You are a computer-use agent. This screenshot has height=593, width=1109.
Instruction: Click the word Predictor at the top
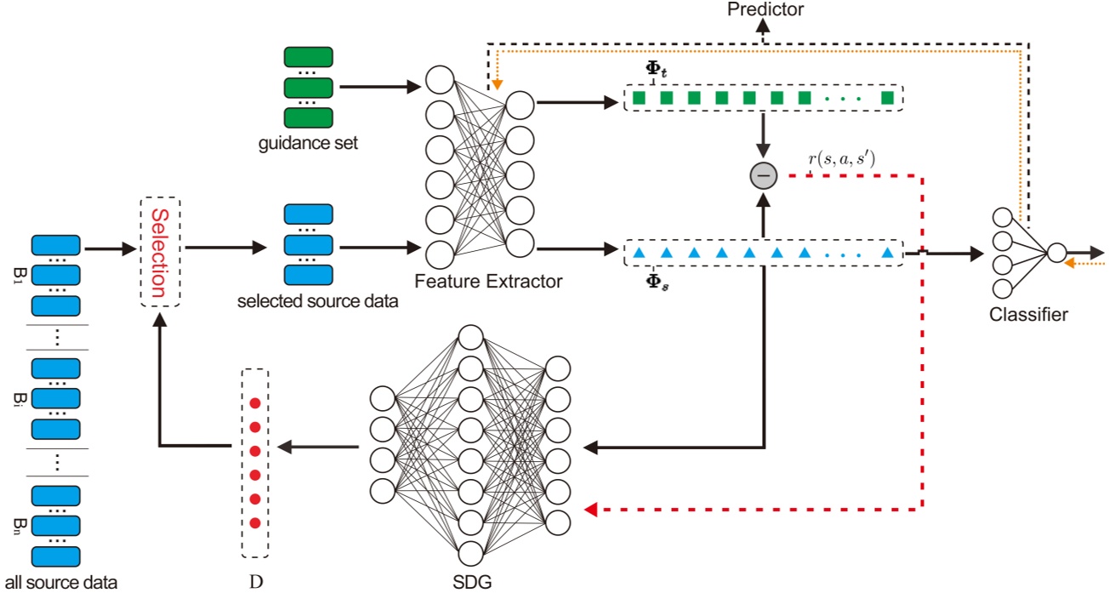coord(765,9)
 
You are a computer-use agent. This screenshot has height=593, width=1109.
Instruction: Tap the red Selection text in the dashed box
coord(160,252)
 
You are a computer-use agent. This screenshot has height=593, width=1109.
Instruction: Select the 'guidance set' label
coord(308,143)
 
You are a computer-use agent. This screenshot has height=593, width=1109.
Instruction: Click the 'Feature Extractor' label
coord(488,282)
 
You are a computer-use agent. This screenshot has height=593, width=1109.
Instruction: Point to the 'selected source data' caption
coord(318,301)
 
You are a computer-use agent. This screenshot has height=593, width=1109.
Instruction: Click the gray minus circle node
coord(764,175)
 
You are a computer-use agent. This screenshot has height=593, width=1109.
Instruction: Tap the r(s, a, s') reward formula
coord(842,158)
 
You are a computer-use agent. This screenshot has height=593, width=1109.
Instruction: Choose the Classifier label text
coord(1029,315)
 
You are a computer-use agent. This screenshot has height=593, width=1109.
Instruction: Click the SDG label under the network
coord(472,582)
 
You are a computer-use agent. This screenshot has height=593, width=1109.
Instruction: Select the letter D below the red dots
coord(256,581)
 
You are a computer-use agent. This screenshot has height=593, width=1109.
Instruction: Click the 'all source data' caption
coord(61,583)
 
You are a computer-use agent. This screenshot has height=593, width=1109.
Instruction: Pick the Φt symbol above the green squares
coord(656,69)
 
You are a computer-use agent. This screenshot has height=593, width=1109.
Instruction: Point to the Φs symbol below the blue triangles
coord(657,282)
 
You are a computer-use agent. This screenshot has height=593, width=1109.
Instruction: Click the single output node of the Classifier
coord(1056,253)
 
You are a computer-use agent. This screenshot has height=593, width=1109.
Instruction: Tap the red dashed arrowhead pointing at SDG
coord(590,510)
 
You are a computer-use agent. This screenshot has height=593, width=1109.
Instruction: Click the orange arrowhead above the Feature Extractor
coord(498,84)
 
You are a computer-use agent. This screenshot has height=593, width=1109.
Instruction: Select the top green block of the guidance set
coord(308,57)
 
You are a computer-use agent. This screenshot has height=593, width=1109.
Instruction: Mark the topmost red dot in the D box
coord(255,403)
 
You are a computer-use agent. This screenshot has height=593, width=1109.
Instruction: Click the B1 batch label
coord(20,276)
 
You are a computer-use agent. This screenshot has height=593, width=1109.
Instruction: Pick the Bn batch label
coord(20,527)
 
